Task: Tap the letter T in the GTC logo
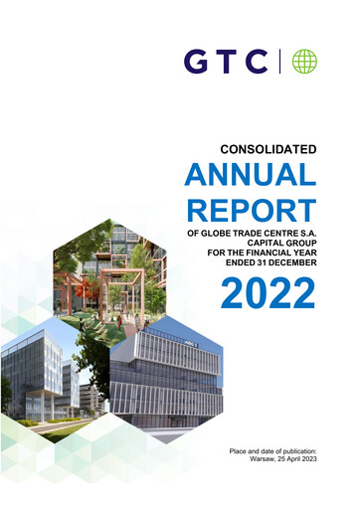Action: coord(226,62)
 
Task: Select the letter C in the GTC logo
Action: coord(258,62)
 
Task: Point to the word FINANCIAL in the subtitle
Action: coord(271,255)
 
